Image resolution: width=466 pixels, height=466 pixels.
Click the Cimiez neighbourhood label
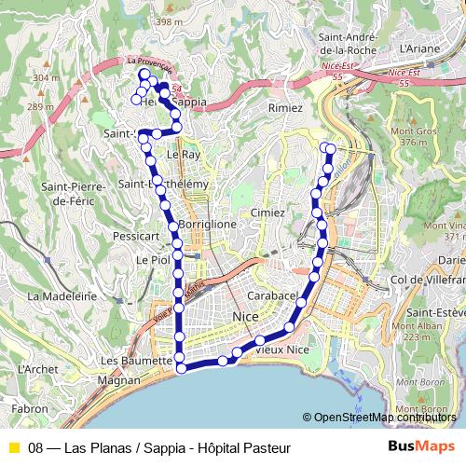coord(267,212)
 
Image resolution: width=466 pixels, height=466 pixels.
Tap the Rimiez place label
coord(285,108)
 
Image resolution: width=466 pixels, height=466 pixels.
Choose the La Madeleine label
coord(63,295)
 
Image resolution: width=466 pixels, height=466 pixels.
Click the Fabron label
coord(30,408)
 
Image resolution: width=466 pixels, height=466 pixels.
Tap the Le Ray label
coord(183,154)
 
